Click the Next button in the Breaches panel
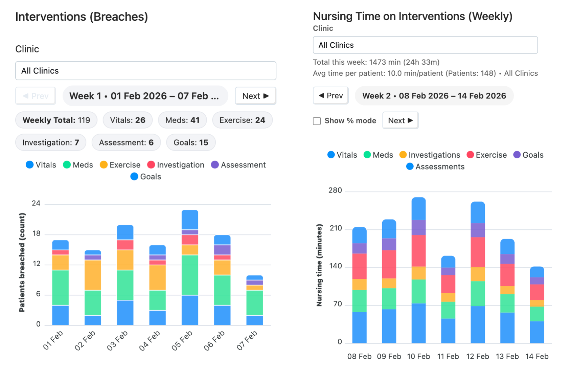(x=255, y=96)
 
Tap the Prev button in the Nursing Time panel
(x=330, y=96)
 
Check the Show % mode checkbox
(x=317, y=121)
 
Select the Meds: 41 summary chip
(x=182, y=120)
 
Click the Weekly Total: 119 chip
(x=56, y=120)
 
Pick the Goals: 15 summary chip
(x=191, y=142)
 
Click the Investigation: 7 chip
(x=51, y=142)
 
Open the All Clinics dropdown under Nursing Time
(x=425, y=45)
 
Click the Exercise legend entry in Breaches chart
(x=120, y=165)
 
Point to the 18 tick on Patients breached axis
(x=36, y=233)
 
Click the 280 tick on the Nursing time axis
(x=335, y=190)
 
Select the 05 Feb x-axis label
(x=182, y=340)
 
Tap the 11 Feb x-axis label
(x=448, y=356)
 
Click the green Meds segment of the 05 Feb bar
(x=190, y=275)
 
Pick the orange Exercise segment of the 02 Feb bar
(x=93, y=275)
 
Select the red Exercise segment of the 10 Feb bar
(x=418, y=251)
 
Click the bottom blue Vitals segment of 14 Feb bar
(x=537, y=332)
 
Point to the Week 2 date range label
(x=434, y=96)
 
